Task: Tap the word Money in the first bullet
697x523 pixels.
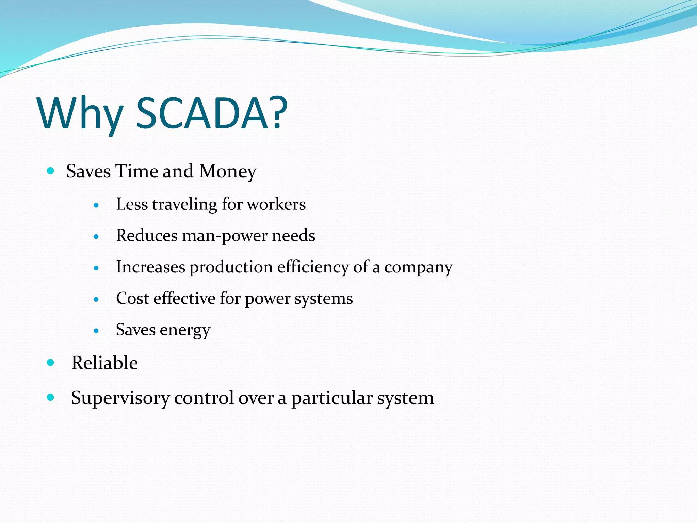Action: (227, 171)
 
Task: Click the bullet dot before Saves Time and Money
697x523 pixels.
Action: (51, 171)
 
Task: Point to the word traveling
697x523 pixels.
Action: (184, 204)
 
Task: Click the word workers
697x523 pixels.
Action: (276, 204)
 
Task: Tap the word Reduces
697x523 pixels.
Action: (147, 236)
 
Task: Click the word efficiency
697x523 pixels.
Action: (313, 267)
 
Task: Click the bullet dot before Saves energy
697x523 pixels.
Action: (96, 331)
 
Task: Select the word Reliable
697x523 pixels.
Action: (104, 363)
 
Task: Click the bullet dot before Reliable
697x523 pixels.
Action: (51, 363)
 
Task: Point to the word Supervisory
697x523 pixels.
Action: (120, 398)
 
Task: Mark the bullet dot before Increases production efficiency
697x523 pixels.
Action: (96, 268)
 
